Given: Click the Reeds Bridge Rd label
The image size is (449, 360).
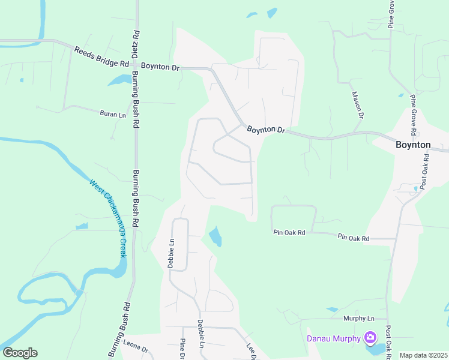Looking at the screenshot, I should point(101,56).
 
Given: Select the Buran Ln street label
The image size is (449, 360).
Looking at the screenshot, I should point(112,113).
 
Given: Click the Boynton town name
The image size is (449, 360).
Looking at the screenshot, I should point(413,145).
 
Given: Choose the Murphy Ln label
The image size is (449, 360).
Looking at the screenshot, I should point(358,318).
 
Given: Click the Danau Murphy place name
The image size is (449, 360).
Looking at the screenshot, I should point(332,338).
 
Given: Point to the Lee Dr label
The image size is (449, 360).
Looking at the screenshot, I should point(252,352).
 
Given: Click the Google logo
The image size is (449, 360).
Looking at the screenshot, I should point(20,353).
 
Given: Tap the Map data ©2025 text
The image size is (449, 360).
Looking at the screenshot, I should point(423,355).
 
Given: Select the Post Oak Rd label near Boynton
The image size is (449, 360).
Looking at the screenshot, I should point(424,172).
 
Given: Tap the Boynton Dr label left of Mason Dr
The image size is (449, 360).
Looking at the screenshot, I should point(265,129).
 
